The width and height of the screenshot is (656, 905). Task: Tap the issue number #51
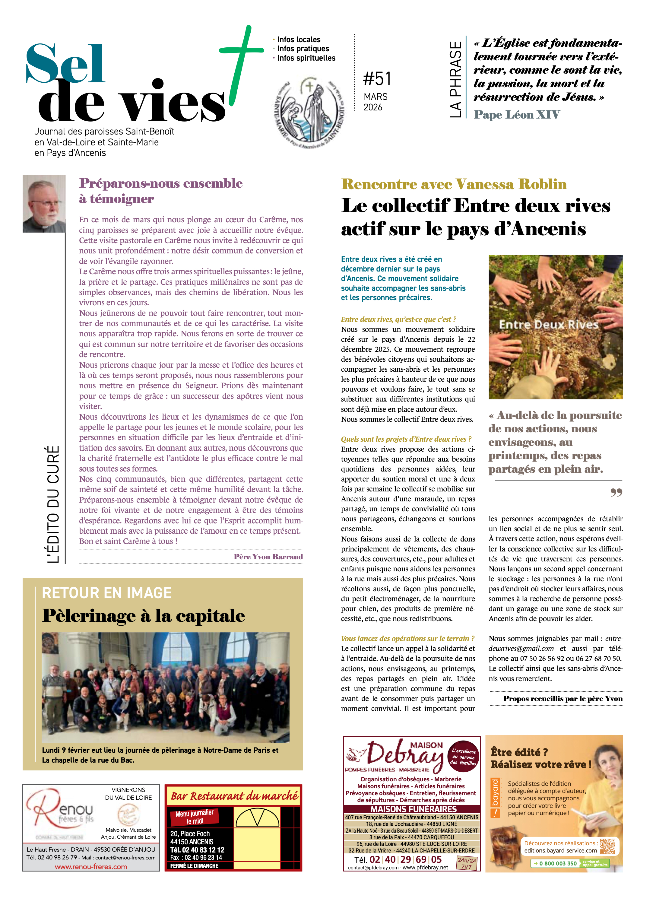[376, 79]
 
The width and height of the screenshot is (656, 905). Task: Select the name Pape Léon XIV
[516, 115]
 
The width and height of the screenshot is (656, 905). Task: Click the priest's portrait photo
[44, 204]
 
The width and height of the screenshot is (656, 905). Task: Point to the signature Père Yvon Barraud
[268, 557]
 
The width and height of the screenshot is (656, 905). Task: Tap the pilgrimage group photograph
[165, 687]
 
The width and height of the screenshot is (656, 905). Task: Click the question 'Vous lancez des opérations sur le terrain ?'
[407, 638]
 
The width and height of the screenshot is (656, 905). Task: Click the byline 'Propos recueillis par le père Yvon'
[562, 699]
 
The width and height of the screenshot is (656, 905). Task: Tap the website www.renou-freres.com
[91, 867]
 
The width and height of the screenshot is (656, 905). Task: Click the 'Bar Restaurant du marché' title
[234, 796]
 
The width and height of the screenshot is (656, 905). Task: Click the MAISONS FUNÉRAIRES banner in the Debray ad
[414, 809]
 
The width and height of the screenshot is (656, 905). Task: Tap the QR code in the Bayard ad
[607, 846]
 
